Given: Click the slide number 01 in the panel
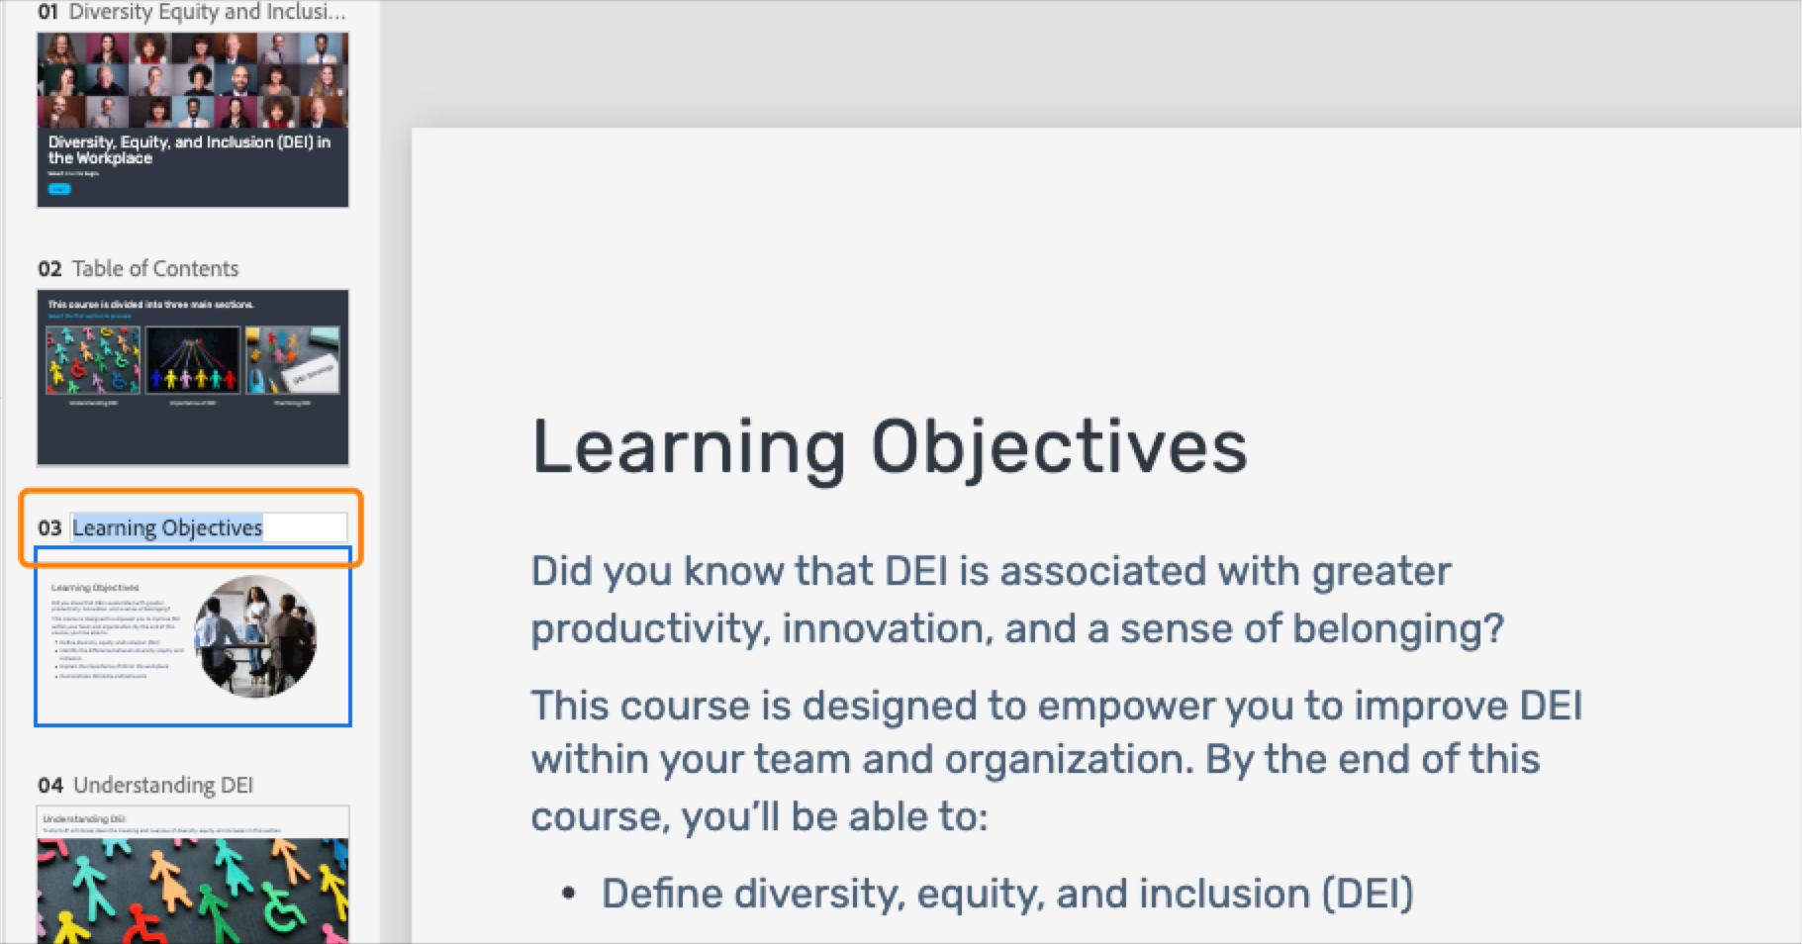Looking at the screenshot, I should pyautogui.click(x=47, y=12).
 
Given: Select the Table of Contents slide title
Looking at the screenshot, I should pyautogui.click(x=155, y=268).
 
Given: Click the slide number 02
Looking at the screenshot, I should pyautogui.click(x=49, y=269).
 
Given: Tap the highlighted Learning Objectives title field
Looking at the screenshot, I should pyautogui.click(x=168, y=527).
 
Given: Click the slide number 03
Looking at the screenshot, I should pyautogui.click(x=49, y=528).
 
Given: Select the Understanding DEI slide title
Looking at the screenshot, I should pyautogui.click(x=163, y=785).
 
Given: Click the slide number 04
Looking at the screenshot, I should pyautogui.click(x=50, y=786).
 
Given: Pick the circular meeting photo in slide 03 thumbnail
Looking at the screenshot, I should pyautogui.click(x=255, y=636).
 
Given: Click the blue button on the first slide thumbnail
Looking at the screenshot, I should pyautogui.click(x=59, y=189).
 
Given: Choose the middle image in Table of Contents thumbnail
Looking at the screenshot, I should pyautogui.click(x=193, y=360).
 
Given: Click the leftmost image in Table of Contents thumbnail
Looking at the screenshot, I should pyautogui.click(x=93, y=360).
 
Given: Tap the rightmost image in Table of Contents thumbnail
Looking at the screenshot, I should pyautogui.click(x=293, y=360).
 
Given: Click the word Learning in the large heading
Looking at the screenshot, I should pyautogui.click(x=689, y=447).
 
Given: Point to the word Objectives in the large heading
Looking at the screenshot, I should pyautogui.click(x=1059, y=447).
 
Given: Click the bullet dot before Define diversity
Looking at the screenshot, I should pyautogui.click(x=568, y=894).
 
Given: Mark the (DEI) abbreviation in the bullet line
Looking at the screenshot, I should pyautogui.click(x=1368, y=894).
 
